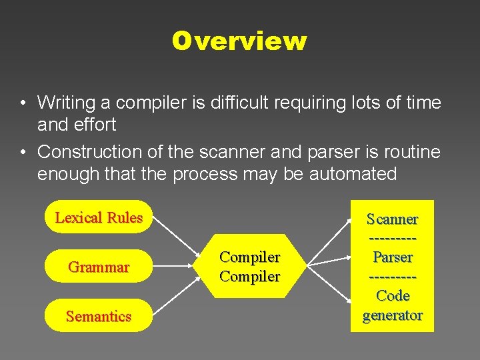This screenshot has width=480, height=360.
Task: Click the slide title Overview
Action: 239,41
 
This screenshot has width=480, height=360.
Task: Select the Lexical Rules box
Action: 99,217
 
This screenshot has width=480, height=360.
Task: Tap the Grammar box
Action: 99,267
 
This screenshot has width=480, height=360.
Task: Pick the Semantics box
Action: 99,316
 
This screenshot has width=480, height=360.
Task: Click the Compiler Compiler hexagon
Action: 250,266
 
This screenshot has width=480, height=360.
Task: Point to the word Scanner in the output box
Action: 393,219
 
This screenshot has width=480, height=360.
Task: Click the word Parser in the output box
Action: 393,257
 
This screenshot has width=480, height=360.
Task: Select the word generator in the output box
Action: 393,315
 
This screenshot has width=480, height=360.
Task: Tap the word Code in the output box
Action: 393,295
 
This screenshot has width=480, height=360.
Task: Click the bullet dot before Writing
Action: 23,103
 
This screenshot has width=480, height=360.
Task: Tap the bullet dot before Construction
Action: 23,153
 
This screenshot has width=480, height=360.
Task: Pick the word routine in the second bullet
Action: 411,152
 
